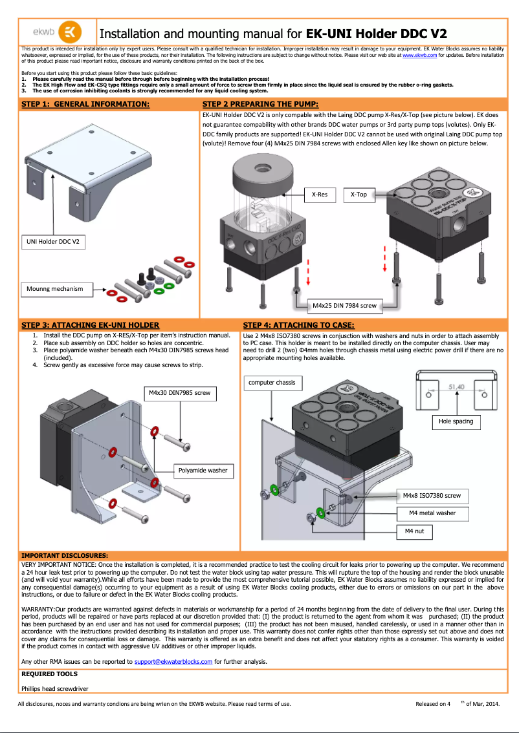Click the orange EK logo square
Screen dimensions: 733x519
pyautogui.click(x=70, y=32)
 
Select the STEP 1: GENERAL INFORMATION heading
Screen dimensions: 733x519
pyautogui.click(x=85, y=104)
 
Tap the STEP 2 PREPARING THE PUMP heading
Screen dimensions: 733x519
pyautogui.click(x=260, y=104)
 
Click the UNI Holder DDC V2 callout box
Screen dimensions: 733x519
pyautogui.click(x=54, y=242)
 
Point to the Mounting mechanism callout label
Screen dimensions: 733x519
pyautogui.click(x=55, y=288)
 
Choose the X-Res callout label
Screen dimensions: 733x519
pyautogui.click(x=320, y=194)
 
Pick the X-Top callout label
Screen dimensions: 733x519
pyautogui.click(x=359, y=194)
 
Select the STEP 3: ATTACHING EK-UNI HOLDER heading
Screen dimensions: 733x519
pyautogui.click(x=91, y=325)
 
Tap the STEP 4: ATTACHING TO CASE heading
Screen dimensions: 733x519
pyautogui.click(x=298, y=325)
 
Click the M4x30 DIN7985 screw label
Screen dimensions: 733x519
pyautogui.click(x=179, y=392)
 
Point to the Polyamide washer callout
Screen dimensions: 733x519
pyautogui.click(x=203, y=470)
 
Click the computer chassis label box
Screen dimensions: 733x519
pyautogui.click(x=272, y=383)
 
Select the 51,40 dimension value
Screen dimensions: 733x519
pyautogui.click(x=457, y=387)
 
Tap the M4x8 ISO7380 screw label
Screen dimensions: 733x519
pyautogui.click(x=432, y=496)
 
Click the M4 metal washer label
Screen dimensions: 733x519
pyautogui.click(x=432, y=513)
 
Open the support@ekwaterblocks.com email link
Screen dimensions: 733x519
pyautogui.click(x=173, y=661)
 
